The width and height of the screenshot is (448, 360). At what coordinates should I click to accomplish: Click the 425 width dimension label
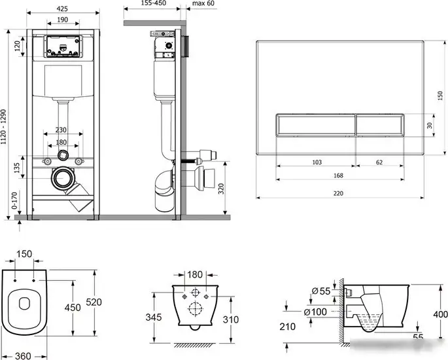click(x=62, y=9)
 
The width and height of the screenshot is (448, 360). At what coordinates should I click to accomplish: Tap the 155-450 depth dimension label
click(x=154, y=3)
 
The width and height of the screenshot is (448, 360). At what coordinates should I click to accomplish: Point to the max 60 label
click(x=203, y=3)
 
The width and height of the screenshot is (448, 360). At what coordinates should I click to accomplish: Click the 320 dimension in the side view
click(x=221, y=189)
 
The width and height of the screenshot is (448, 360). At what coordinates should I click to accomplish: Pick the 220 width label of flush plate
click(x=338, y=193)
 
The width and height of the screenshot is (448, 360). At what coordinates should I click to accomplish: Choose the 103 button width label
click(x=317, y=162)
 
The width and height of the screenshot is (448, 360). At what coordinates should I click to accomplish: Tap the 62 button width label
click(x=379, y=162)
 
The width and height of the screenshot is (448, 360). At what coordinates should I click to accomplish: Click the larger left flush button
click(x=316, y=125)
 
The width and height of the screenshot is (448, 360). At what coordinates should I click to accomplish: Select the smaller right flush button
click(x=380, y=125)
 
